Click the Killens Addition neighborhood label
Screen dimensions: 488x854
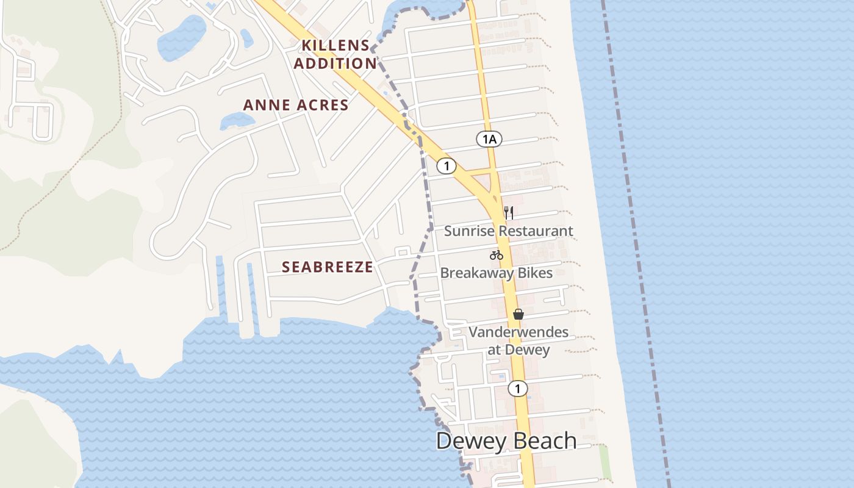click(x=335, y=54)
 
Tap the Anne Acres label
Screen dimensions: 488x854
click(x=296, y=105)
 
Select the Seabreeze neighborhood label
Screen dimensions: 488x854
click(x=328, y=267)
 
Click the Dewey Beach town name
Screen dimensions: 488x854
click(x=506, y=440)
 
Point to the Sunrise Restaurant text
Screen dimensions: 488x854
click(x=508, y=231)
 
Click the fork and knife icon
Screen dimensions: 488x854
click(x=509, y=213)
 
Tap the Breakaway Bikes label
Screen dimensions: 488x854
click(x=496, y=273)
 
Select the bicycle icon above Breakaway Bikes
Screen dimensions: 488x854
click(x=497, y=255)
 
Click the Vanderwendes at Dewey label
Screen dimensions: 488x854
click(x=518, y=341)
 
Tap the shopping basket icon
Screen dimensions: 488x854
click(x=518, y=314)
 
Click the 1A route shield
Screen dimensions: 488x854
click(x=489, y=140)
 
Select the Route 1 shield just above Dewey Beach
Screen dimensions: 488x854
click(x=518, y=389)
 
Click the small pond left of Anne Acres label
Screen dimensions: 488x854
click(x=237, y=120)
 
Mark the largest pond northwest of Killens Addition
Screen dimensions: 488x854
click(x=181, y=38)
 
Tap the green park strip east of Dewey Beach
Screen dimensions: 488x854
click(x=605, y=462)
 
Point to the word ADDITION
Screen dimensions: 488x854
click(x=335, y=63)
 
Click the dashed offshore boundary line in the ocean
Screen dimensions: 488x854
click(x=634, y=244)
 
